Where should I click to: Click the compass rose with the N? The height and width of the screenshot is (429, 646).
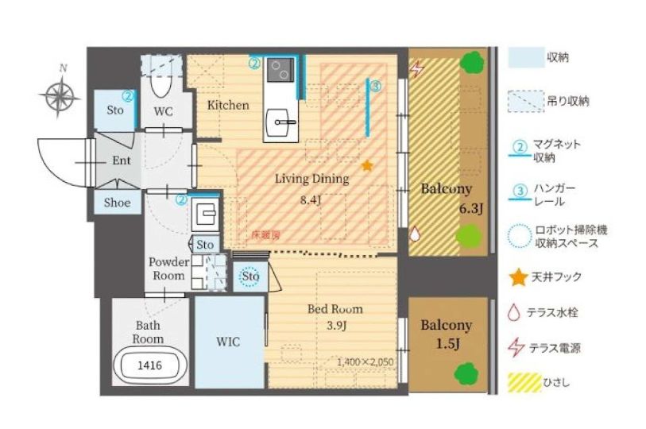click(x=60, y=96)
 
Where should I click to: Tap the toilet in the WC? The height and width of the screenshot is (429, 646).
click(x=161, y=83)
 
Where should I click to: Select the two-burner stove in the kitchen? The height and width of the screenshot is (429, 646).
click(x=280, y=70)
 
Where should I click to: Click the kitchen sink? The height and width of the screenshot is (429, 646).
click(x=281, y=122)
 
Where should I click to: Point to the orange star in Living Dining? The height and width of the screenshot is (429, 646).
click(x=366, y=166)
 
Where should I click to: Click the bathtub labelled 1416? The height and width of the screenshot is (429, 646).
click(x=150, y=365)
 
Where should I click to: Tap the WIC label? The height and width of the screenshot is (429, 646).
click(x=228, y=342)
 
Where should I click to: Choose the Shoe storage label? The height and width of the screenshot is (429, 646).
click(x=117, y=203)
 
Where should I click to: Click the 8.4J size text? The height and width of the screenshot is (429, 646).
click(x=310, y=201)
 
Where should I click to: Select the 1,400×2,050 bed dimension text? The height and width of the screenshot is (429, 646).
click(x=365, y=362)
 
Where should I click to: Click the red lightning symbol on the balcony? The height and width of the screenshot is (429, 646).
click(x=417, y=69)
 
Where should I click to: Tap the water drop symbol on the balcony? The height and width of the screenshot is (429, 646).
click(x=415, y=234)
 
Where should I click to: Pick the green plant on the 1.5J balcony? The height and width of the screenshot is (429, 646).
click(x=466, y=373)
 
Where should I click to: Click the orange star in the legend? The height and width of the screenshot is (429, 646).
click(x=518, y=277)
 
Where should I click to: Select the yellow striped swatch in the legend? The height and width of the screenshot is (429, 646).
click(x=524, y=383)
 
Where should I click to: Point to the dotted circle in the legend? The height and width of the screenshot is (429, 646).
click(x=520, y=236)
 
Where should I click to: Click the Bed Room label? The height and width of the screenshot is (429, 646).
click(x=335, y=309)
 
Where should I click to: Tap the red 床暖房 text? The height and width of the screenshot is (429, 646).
click(x=266, y=235)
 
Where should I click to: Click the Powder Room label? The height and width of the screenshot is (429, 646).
click(x=169, y=269)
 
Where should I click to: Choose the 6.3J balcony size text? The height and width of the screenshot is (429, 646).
click(x=471, y=208)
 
